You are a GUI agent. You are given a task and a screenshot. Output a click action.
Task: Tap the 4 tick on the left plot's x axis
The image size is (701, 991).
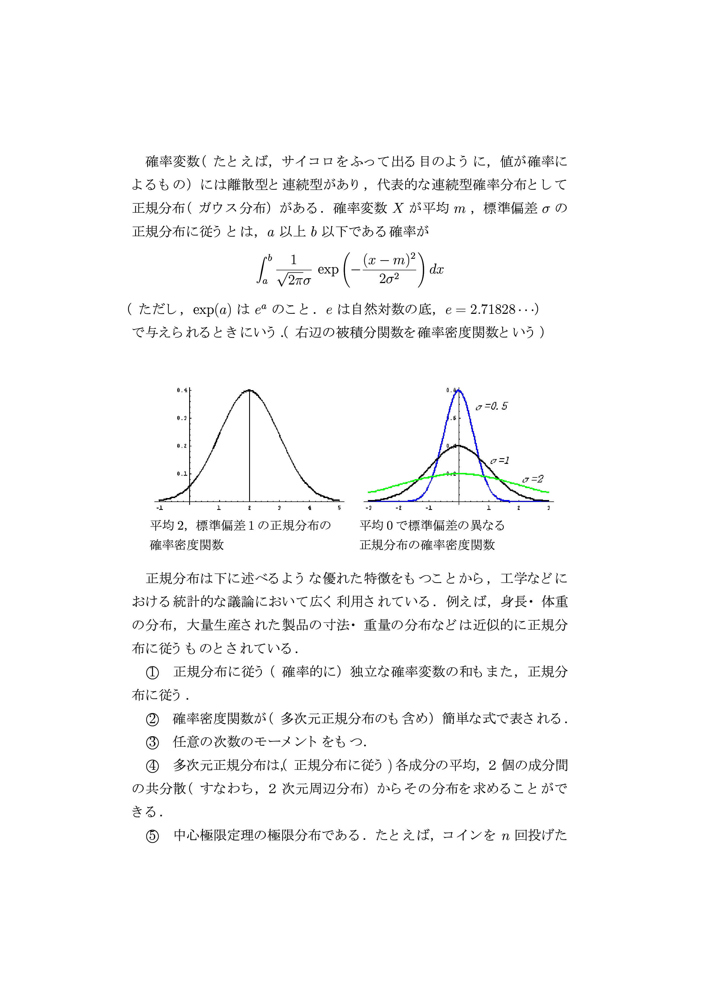click(x=309, y=508)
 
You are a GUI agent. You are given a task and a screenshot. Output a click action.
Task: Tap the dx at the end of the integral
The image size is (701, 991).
click(x=436, y=270)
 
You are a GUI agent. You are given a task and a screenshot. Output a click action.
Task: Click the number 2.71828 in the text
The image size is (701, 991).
click(x=492, y=309)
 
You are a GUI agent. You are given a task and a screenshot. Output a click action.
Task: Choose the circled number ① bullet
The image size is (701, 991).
click(x=152, y=672)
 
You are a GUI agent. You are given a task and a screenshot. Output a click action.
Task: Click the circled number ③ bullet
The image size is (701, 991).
click(x=152, y=742)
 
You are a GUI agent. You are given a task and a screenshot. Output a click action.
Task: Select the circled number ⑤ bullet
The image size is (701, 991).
click(x=152, y=836)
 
